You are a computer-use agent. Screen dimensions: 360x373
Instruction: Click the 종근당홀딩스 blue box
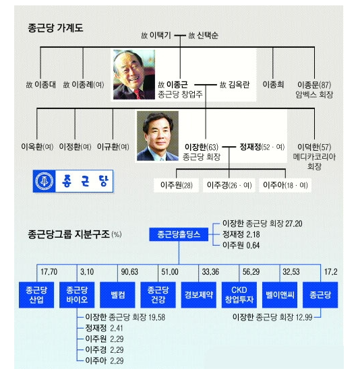pyautogui.click(x=179, y=234)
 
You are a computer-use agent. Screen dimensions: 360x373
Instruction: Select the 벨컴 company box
pyautogui.click(x=117, y=295)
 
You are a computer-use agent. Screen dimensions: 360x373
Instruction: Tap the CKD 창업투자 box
pyautogui.click(x=239, y=295)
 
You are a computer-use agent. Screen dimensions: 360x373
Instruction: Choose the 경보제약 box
pyautogui.click(x=199, y=295)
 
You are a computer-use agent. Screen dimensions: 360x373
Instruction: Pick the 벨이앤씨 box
pyautogui.click(x=280, y=295)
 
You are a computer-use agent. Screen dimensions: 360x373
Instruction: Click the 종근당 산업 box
pyautogui.click(x=36, y=295)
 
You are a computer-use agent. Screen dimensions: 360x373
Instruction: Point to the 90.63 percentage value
pyautogui.click(x=129, y=271)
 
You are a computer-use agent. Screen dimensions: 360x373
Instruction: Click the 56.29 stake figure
pyautogui.click(x=251, y=271)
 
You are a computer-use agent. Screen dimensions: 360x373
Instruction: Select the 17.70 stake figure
pyautogui.click(x=49, y=271)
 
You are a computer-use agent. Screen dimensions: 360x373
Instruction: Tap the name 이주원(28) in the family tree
pyautogui.click(x=177, y=185)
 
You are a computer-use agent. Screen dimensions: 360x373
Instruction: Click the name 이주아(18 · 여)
pyautogui.click(x=285, y=185)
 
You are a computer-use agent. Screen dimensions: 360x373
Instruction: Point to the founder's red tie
pyautogui.click(x=139, y=94)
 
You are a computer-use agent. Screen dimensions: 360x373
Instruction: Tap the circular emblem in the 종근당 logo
pyautogui.click(x=44, y=181)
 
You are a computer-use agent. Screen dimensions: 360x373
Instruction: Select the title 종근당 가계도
pyautogui.click(x=55, y=28)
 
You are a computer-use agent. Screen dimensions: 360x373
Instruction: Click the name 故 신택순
pyautogui.click(x=203, y=36)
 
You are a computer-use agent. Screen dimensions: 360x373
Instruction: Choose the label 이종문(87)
pyautogui.click(x=314, y=85)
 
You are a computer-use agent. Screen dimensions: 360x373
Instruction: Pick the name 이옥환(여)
pyautogui.click(x=37, y=147)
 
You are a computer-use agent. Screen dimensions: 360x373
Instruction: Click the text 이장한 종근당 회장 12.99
pyautogui.click(x=272, y=317)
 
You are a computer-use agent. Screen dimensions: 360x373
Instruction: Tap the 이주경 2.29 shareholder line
pyautogui.click(x=104, y=349)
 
